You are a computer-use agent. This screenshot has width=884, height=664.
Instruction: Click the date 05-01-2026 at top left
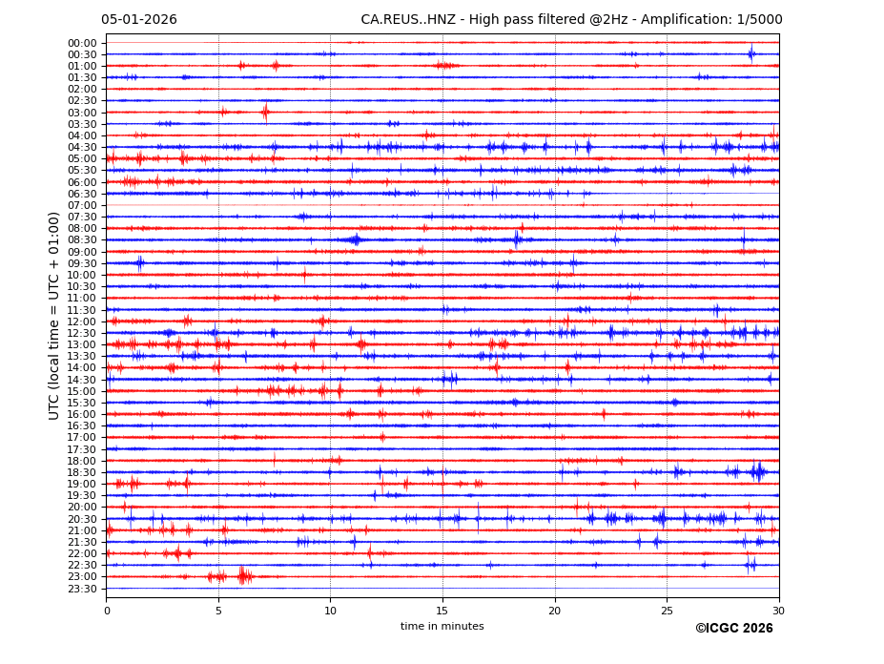tap(139, 20)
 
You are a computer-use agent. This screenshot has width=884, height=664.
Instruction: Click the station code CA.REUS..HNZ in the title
tap(407, 20)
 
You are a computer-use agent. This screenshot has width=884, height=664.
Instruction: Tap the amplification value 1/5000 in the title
tap(759, 20)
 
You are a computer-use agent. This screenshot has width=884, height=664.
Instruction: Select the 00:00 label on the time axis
tap(82, 43)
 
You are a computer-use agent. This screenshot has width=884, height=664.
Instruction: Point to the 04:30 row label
tap(82, 147)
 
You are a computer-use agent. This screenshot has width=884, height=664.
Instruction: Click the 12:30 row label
tap(82, 333)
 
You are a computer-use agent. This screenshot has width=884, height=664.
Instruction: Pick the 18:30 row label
tap(82, 472)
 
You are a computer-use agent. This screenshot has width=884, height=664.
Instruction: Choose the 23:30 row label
tap(82, 589)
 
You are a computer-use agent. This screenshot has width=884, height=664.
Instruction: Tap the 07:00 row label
tap(82, 205)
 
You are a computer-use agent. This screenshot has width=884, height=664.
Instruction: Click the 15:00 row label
tap(82, 391)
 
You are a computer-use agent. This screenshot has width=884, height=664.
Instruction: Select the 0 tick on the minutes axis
tap(107, 611)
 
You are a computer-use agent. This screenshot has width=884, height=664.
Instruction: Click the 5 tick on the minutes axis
tap(218, 611)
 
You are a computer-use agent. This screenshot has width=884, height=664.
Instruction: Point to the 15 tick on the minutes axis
tap(442, 611)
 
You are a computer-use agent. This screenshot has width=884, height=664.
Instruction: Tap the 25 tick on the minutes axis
tap(667, 611)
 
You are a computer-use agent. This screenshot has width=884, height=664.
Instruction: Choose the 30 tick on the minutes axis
tap(779, 611)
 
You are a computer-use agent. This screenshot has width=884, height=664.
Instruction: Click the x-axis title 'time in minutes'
tap(442, 627)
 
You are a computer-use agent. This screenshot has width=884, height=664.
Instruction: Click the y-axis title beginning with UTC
tap(55, 316)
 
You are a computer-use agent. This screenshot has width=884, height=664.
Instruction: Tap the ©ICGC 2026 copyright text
tap(734, 629)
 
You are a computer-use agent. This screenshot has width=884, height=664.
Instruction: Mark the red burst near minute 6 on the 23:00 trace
tap(244, 575)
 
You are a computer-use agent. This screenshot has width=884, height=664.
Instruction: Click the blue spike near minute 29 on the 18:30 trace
tap(758, 471)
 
